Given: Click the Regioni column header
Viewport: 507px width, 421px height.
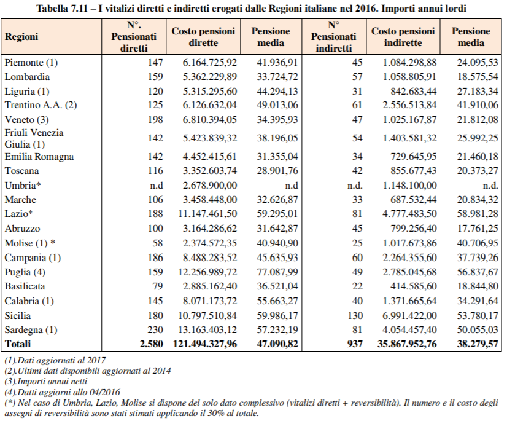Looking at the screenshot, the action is (21, 37).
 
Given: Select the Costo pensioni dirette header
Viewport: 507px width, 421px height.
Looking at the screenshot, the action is (203, 37).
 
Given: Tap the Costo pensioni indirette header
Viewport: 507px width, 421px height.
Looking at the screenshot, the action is (403, 37).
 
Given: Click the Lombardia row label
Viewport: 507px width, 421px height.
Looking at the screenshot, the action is (27, 77).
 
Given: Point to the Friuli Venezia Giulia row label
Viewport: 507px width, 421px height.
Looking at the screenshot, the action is (34, 138).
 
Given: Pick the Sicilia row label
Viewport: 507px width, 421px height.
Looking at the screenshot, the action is (18, 315).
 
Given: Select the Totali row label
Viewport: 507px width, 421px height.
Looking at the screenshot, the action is (18, 344).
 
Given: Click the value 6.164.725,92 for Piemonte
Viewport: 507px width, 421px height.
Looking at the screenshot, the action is (209, 62).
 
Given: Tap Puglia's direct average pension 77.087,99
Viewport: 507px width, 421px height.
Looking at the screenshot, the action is (277, 272).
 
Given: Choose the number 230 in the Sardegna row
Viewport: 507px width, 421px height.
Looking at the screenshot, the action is (155, 329).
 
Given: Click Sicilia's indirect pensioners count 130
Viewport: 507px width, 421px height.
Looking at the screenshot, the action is (355, 315).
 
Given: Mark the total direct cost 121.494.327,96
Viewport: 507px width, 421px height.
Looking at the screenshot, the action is (205, 344).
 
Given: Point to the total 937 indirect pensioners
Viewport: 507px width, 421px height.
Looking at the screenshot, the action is (355, 344).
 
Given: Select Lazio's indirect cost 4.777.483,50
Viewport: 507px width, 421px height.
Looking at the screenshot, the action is (409, 214).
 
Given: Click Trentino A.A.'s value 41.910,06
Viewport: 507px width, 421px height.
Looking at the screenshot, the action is (478, 105).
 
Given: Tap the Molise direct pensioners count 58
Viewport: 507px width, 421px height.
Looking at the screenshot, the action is (158, 243).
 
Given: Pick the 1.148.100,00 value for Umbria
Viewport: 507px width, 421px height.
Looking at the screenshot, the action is (409, 185).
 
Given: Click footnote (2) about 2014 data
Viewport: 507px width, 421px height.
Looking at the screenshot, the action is (88, 371).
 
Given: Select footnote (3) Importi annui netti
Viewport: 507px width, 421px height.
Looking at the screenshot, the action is (46, 382).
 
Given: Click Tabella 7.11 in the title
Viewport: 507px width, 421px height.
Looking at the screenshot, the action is (62, 8).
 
